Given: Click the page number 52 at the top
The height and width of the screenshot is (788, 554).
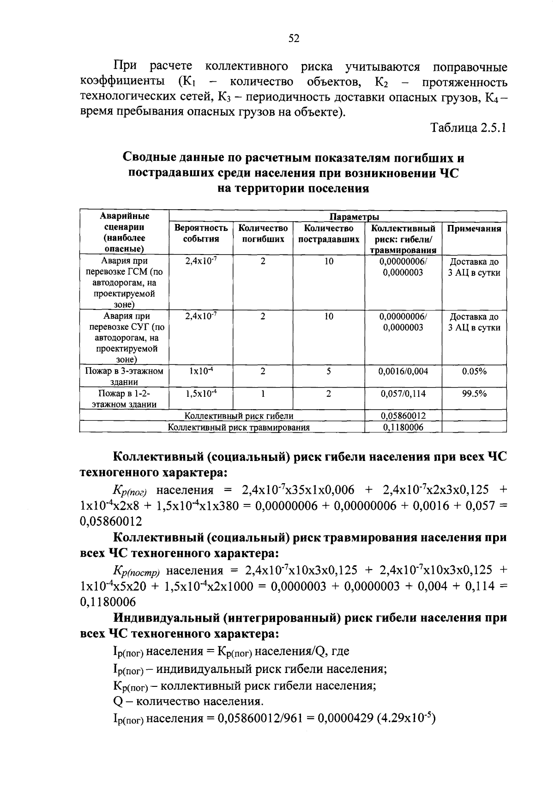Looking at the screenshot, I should (294, 39).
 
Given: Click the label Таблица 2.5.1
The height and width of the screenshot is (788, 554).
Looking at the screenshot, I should (468, 128).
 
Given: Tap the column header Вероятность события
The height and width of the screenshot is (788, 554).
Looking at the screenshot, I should (201, 234).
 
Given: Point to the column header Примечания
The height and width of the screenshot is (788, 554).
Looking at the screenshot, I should (474, 229).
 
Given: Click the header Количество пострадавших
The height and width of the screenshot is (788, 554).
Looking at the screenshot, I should (328, 234).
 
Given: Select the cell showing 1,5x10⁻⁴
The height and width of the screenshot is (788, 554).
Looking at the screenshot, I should (201, 394).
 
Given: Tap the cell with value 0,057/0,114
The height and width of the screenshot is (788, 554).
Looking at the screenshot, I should (403, 394).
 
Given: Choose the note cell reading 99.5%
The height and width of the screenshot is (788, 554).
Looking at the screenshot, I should (474, 394).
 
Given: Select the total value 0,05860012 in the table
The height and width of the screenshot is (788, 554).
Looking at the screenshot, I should (403, 416).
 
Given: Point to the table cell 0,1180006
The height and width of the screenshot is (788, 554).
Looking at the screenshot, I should (403, 427).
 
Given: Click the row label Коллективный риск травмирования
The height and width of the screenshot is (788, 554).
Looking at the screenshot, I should (238, 427).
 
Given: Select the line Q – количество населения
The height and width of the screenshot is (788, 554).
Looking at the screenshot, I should (188, 702).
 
